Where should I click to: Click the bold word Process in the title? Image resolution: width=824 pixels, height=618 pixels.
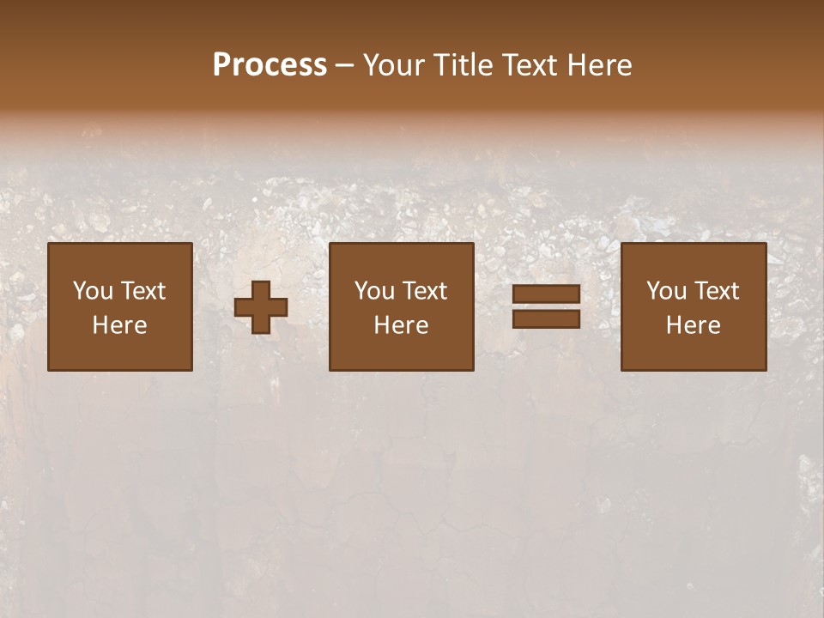(270, 64)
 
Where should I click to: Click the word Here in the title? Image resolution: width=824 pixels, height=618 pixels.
(601, 64)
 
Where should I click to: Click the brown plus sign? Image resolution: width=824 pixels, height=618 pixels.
(261, 307)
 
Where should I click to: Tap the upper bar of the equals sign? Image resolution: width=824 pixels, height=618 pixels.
(546, 295)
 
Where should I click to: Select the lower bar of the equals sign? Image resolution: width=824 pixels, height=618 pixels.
(546, 318)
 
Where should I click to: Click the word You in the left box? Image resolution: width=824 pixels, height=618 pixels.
(92, 291)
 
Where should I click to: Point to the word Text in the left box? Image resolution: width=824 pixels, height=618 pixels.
(142, 291)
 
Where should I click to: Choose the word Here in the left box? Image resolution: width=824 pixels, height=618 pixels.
(119, 325)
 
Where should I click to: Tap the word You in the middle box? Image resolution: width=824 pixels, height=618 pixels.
(374, 291)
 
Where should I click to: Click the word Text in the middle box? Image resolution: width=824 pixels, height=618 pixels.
(424, 291)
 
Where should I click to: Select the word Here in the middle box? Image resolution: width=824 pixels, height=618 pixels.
(401, 325)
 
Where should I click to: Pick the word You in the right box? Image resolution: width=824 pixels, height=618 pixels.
(666, 291)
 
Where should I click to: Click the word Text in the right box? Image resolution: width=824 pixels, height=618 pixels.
(716, 291)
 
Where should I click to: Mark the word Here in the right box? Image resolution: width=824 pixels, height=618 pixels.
(693, 325)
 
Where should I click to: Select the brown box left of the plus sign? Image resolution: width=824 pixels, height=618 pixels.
(119, 352)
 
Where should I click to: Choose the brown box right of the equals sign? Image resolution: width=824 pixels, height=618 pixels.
(693, 352)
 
